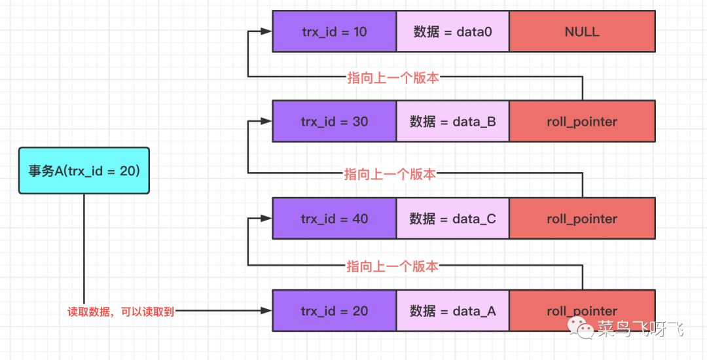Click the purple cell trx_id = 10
[x=334, y=31]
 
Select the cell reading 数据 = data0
[x=452, y=31]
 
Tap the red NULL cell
[x=582, y=31]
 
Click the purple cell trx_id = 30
[x=334, y=121]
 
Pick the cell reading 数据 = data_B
[x=452, y=121]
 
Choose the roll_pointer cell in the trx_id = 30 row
[x=582, y=121]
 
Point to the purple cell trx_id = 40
[x=334, y=219]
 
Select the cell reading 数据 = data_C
[x=452, y=219]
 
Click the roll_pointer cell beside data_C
[x=582, y=219]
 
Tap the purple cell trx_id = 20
[x=334, y=312]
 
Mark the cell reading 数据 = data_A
[x=452, y=312]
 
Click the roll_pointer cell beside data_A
[x=582, y=312]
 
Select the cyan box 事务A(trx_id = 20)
[x=84, y=171]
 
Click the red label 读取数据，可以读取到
[x=121, y=312]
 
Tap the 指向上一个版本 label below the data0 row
[x=393, y=78]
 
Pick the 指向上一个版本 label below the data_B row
[x=390, y=174]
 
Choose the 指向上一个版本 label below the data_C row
[x=393, y=266]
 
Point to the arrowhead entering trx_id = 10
[x=266, y=31]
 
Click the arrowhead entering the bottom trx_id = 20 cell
[x=266, y=312]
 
